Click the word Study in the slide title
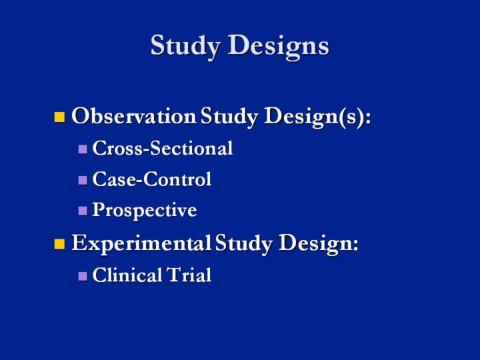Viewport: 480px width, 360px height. pyautogui.click(x=187, y=47)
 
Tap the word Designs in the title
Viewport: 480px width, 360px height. pyautogui.click(x=279, y=47)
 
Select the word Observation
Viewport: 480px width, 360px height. pyautogui.click(x=133, y=117)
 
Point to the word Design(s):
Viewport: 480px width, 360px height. pyautogui.click(x=318, y=118)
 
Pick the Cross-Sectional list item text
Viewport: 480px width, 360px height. pyautogui.click(x=163, y=148)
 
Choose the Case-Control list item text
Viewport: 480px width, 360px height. pyautogui.click(x=152, y=179)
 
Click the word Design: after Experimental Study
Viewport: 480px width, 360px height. pyautogui.click(x=319, y=245)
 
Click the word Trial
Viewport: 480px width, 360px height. pyautogui.click(x=189, y=275)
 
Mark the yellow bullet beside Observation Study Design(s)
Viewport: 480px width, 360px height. pyautogui.click(x=59, y=118)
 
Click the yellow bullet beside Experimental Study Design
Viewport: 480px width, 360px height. pyautogui.click(x=59, y=244)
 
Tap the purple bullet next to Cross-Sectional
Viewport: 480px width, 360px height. pyautogui.click(x=83, y=149)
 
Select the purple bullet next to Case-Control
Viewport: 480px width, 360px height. pyautogui.click(x=83, y=180)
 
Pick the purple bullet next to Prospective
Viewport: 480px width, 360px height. pyautogui.click(x=83, y=211)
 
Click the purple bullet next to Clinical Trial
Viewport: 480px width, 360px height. pyautogui.click(x=83, y=276)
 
